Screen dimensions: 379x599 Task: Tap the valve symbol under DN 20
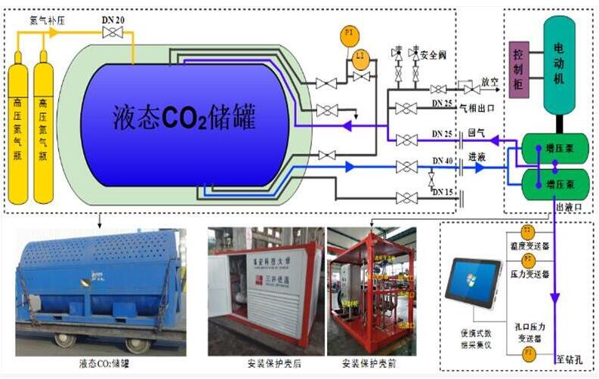(113, 32)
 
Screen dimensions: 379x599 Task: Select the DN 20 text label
(113, 19)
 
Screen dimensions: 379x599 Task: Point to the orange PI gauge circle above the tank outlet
(348, 35)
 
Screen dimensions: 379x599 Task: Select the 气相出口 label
(477, 108)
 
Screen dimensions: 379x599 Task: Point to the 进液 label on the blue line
(477, 156)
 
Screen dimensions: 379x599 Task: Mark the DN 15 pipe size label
(443, 193)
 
